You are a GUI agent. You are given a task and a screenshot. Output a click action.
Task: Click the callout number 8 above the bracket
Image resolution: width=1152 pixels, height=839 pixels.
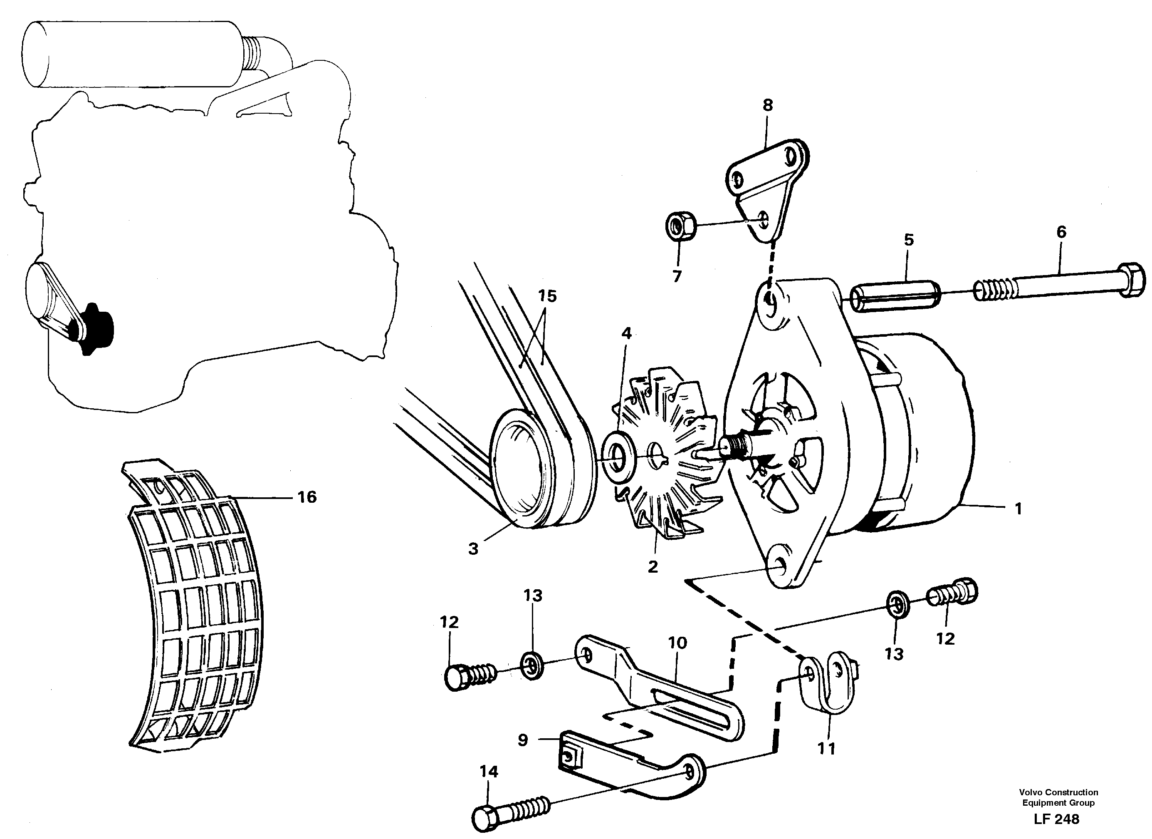click(767, 105)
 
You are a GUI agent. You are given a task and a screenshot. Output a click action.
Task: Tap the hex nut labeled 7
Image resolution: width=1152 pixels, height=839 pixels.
click(680, 227)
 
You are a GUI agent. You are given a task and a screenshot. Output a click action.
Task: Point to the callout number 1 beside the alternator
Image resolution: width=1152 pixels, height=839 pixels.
click(1018, 509)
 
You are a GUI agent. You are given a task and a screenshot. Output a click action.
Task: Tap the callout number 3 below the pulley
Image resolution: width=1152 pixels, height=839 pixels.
click(473, 549)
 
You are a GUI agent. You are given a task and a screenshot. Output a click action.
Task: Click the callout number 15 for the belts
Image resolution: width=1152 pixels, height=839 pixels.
click(548, 296)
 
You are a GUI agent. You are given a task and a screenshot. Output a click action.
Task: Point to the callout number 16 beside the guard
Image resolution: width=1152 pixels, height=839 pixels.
click(307, 497)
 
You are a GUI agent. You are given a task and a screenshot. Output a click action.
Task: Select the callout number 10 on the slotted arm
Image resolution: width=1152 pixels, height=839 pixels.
click(677, 643)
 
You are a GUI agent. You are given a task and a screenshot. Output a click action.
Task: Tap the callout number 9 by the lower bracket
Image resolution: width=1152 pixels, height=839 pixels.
click(523, 740)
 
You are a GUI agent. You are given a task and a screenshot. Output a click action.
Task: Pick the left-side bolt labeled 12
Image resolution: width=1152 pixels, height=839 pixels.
click(460, 678)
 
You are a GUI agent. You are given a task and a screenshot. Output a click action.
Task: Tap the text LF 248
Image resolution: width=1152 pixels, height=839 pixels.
click(1056, 819)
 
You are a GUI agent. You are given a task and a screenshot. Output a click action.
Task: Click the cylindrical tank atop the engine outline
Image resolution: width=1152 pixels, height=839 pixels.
click(132, 54)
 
